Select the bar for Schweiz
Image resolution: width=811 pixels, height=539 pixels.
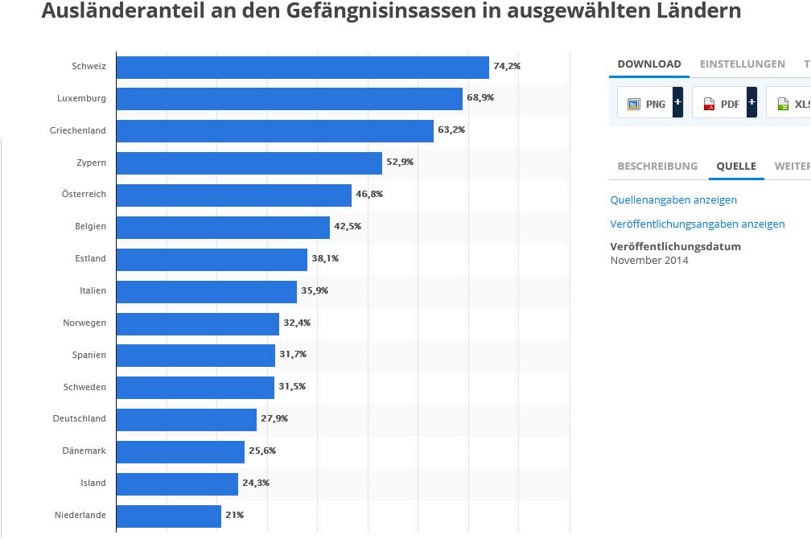pos(303,67)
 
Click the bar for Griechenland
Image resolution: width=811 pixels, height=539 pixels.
pos(274,130)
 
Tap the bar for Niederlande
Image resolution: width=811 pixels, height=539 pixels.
pos(168,516)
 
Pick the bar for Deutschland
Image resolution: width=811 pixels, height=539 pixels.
pos(186,419)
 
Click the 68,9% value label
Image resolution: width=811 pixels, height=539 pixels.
pos(480,97)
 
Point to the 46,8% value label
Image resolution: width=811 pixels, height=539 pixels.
pos(369,194)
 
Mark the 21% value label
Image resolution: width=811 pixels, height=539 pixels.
pos(235,515)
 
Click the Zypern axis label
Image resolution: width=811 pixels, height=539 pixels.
pos(91,163)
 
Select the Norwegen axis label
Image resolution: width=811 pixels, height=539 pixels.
pos(84,323)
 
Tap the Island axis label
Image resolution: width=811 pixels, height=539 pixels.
pos(93,483)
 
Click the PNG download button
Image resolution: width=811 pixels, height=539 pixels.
pos(645,104)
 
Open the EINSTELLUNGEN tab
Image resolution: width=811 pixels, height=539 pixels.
pos(742,64)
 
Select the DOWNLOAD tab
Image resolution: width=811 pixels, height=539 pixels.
pos(649,64)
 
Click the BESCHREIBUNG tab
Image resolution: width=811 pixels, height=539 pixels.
pos(657,167)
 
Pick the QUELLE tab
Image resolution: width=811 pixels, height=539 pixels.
pos(737,167)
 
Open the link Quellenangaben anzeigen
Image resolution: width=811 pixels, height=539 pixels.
pos(673,200)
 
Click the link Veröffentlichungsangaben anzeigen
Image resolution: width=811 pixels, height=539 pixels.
pos(698,224)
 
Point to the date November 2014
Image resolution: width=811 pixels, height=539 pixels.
pos(649,260)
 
